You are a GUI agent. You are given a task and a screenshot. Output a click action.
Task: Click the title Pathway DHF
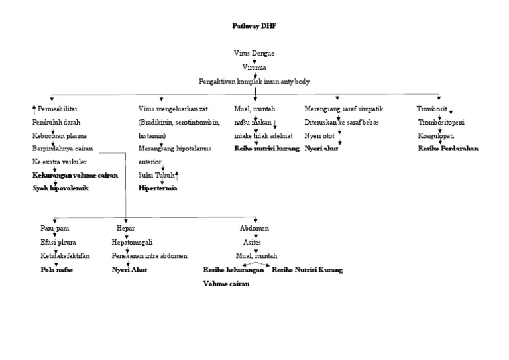click(x=254, y=26)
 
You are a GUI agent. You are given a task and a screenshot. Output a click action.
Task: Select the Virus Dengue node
click(x=254, y=53)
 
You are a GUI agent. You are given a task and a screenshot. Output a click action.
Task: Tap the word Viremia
click(x=254, y=67)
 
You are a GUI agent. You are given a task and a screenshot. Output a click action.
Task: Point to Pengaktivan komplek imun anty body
click(x=254, y=81)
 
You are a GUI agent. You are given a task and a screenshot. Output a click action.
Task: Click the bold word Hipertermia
click(x=158, y=188)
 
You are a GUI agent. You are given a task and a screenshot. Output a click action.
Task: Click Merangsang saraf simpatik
click(x=343, y=109)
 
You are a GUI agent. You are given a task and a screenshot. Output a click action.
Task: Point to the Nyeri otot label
click(x=321, y=135)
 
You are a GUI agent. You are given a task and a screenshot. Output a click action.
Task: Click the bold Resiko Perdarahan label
click(x=448, y=149)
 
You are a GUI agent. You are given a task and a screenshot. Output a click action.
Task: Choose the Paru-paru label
click(x=54, y=228)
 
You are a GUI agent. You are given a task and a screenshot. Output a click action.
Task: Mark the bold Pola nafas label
click(x=57, y=270)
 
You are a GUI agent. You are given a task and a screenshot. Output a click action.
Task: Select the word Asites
click(x=253, y=242)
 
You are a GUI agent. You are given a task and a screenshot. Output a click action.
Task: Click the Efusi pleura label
click(x=58, y=242)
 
